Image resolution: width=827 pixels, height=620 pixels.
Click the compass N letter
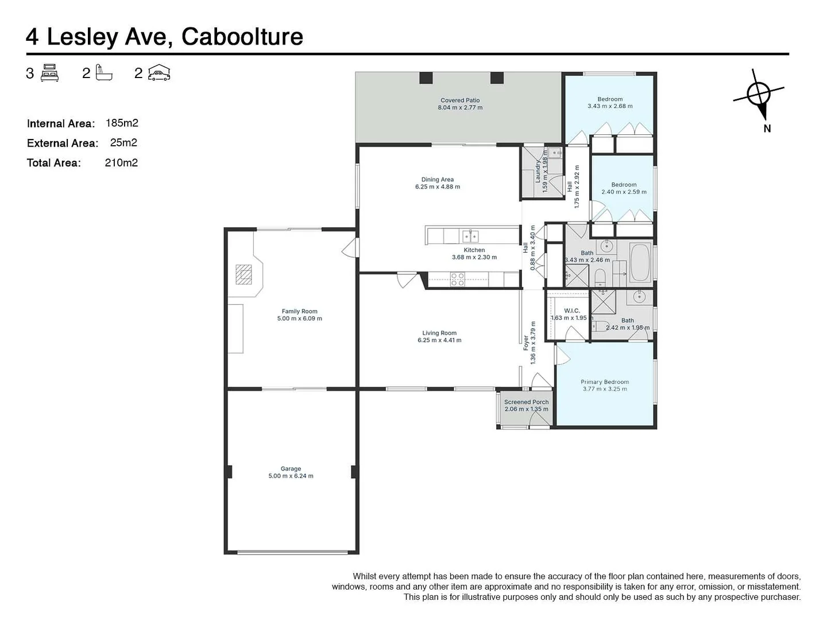point(767,129)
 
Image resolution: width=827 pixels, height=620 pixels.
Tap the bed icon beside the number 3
point(50,73)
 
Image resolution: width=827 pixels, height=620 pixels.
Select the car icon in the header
point(159,73)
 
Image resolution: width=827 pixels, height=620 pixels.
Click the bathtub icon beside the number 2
point(104,73)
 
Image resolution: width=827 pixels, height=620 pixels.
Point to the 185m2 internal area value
point(122,123)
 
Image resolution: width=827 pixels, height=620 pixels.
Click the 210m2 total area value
point(121,162)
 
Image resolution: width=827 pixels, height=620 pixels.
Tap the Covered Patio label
point(460,100)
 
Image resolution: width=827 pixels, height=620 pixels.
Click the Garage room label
point(291,468)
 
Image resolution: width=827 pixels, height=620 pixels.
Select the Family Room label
point(299,311)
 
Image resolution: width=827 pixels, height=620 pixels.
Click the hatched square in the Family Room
point(244,274)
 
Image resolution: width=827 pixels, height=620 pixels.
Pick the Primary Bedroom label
point(604,382)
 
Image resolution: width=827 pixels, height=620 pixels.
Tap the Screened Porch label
point(526,402)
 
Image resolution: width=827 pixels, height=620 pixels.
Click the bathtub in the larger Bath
point(640,262)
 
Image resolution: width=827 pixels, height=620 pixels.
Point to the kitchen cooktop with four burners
point(457,280)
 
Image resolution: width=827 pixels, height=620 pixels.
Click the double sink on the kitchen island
point(470,235)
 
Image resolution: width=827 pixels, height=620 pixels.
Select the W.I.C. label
point(571,311)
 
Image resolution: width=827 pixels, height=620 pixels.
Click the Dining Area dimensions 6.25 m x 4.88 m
point(437,187)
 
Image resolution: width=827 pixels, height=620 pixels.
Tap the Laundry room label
point(538,170)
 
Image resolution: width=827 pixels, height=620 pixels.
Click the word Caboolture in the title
point(242,37)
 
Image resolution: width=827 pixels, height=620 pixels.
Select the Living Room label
point(439,332)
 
